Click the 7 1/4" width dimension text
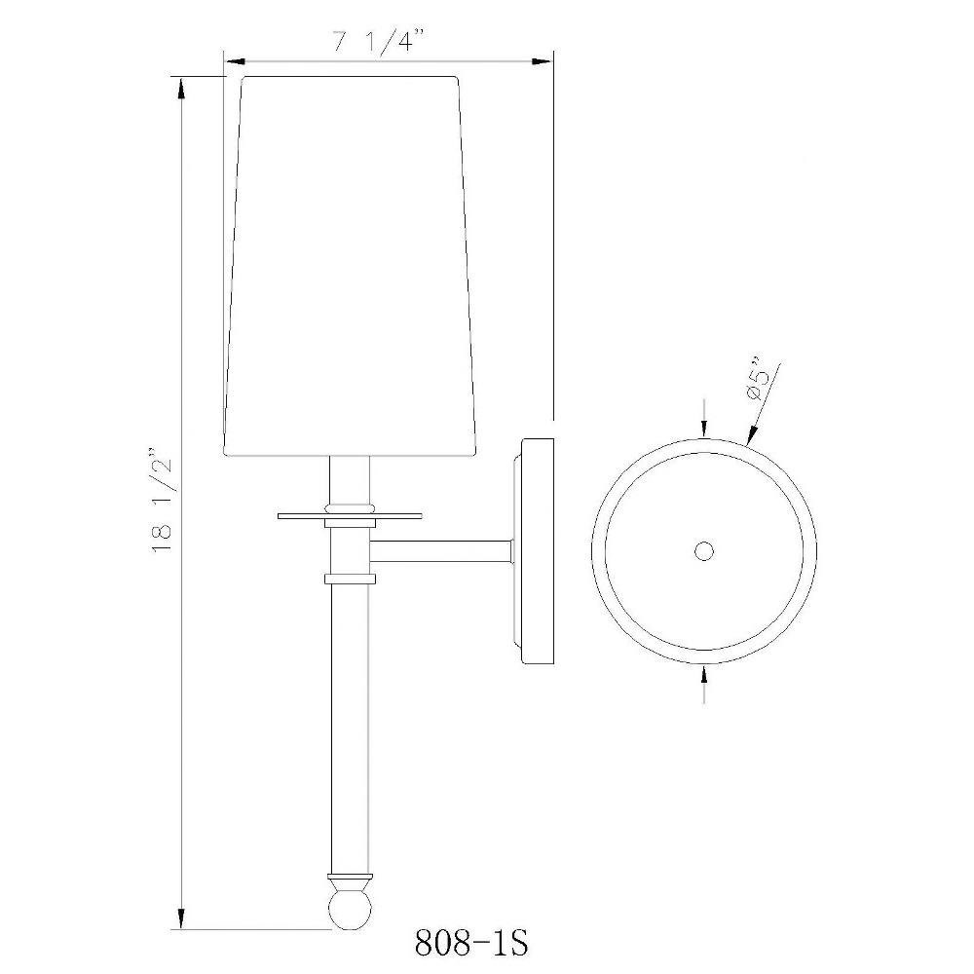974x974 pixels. pyautogui.click(x=380, y=43)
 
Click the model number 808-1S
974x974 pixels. pyautogui.click(x=471, y=943)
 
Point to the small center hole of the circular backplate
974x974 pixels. pyautogui.click(x=704, y=551)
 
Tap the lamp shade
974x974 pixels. pyautogui.click(x=351, y=266)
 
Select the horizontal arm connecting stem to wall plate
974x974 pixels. pyautogui.click(x=440, y=551)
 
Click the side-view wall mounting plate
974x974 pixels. pyautogui.click(x=533, y=551)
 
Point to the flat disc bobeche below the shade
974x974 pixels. pyautogui.click(x=350, y=515)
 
